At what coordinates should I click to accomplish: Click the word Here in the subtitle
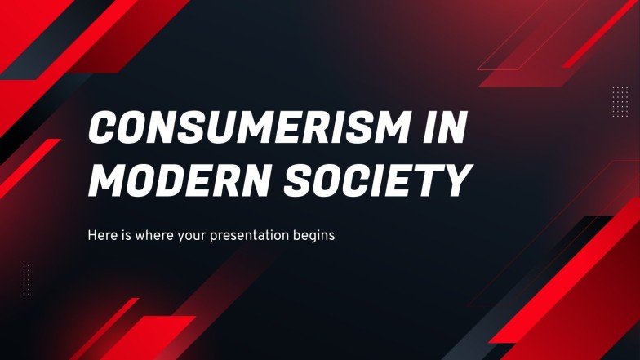click(x=100, y=236)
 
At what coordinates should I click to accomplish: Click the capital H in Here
click(x=91, y=236)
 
